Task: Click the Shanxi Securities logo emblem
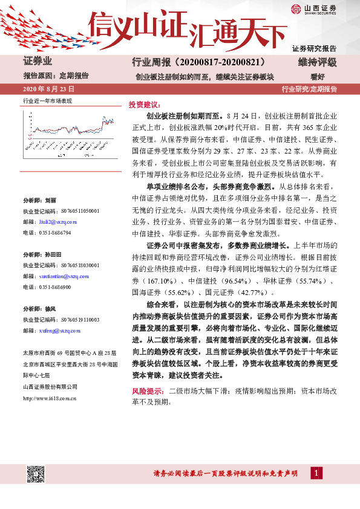pyautogui.click(x=295, y=9)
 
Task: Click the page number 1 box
pyautogui.click(x=318, y=473)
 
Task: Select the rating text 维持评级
pyautogui.click(x=318, y=63)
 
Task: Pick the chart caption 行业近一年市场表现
pyautogui.click(x=47, y=100)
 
